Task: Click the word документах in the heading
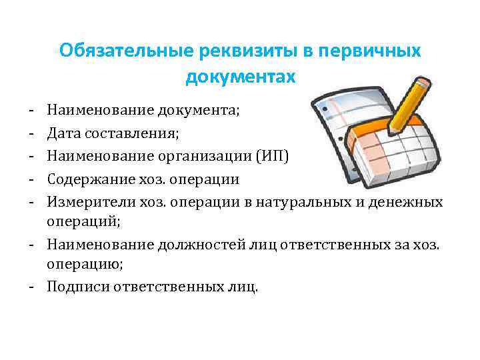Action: point(239,78)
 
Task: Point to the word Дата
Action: point(65,133)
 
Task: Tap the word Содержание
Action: point(95,180)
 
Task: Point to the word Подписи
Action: point(77,287)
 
